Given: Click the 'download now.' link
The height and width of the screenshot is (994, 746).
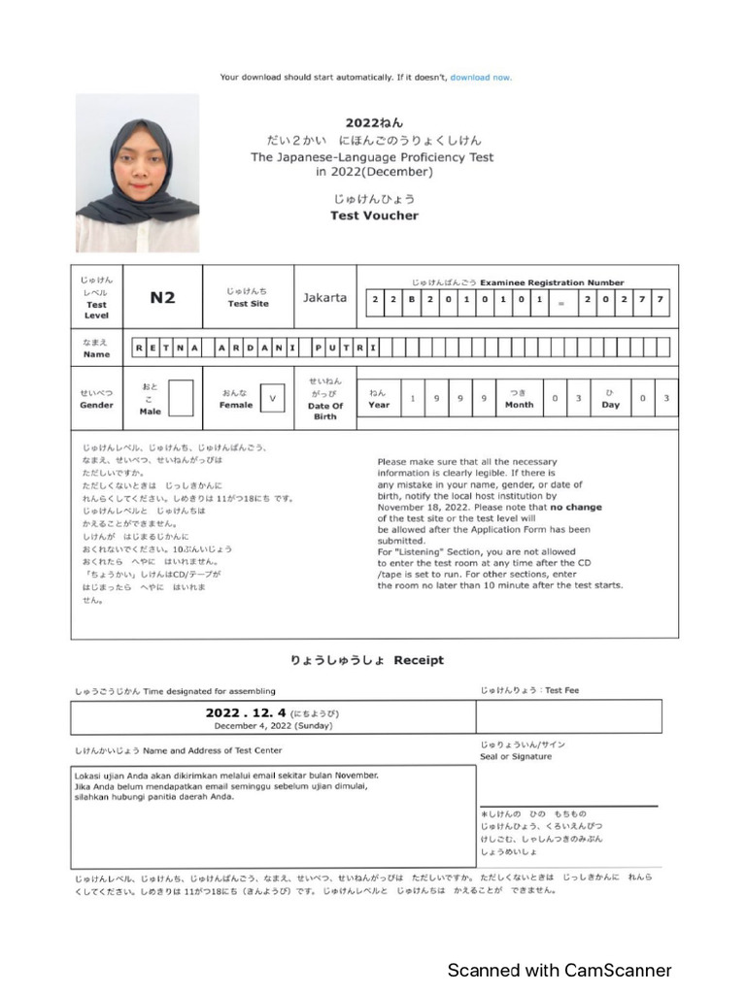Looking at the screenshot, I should pos(481,78).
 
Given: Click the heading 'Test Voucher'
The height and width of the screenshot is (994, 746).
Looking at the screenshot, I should pos(374,215).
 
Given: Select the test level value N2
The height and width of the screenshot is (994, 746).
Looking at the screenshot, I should pos(162,298).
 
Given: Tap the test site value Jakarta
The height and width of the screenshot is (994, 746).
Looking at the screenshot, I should pos(324,298).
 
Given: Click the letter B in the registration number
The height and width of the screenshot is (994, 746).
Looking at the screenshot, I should pos(411,299).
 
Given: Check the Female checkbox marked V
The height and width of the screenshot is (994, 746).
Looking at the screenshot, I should pos(273,398).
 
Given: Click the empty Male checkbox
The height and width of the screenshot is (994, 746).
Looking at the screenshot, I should pos(181,398).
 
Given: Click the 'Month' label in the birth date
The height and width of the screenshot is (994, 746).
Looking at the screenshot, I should pos(519,405).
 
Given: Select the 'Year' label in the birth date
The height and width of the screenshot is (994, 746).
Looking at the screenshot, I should pos(379,405).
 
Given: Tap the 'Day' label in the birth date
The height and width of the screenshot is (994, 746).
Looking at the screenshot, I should pos(610,405).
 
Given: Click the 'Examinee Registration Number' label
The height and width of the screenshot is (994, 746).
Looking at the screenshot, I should pos(566,282).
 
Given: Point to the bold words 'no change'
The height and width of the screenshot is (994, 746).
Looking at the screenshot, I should pos(576,507).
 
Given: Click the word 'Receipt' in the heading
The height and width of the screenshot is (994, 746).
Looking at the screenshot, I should pos(419,660).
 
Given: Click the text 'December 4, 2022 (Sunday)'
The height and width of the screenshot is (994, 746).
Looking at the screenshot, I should pos(273,725).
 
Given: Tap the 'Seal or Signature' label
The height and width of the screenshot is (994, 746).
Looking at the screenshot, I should pos(516,756).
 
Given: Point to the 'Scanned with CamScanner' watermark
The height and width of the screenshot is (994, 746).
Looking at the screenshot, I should pos(559,970).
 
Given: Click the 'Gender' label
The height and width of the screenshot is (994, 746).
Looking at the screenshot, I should pos(96,405).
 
